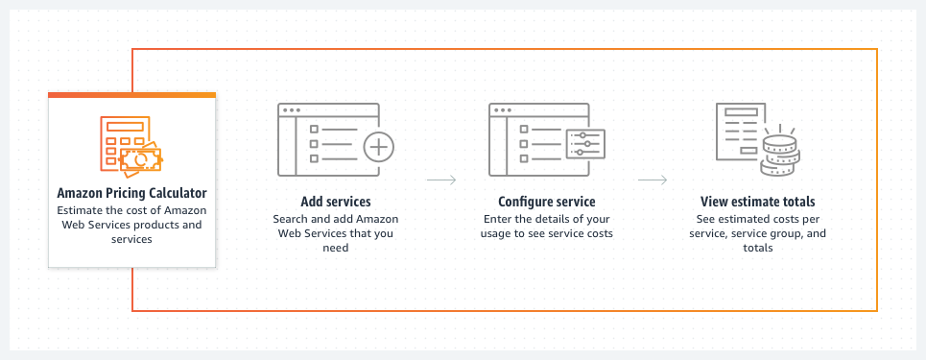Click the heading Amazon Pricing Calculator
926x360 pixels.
(x=131, y=193)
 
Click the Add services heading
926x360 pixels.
(x=335, y=203)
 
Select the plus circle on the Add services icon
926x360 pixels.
(x=379, y=148)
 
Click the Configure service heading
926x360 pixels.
(x=546, y=203)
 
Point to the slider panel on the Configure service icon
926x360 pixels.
(x=585, y=145)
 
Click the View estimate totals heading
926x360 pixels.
(x=758, y=203)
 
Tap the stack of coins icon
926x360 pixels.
(x=779, y=156)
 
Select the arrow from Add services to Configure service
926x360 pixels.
(x=440, y=180)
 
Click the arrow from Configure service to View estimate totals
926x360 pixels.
(x=653, y=180)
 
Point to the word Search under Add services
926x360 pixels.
(x=292, y=219)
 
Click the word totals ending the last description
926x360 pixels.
(x=758, y=248)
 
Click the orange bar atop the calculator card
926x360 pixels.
(x=131, y=95)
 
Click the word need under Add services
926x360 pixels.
(x=335, y=248)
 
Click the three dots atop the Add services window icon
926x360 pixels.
(x=289, y=109)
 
